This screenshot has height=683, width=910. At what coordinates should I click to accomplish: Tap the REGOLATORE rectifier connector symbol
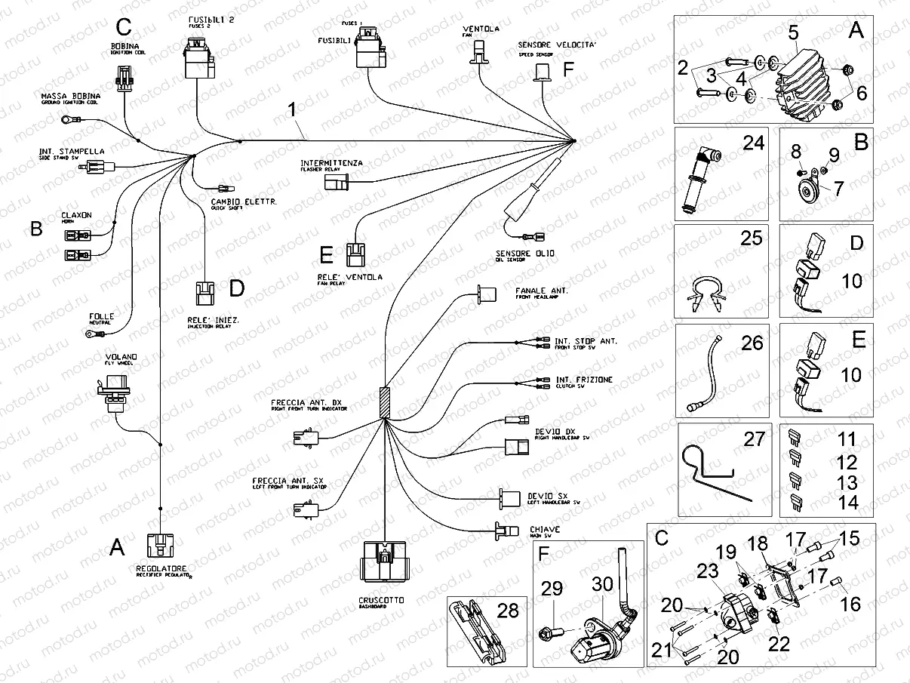point(160,546)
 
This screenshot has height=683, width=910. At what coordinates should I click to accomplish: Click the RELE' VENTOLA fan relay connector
point(355,255)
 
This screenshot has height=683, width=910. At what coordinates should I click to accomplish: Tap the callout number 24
point(752,142)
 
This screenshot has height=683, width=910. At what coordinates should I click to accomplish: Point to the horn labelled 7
point(810,189)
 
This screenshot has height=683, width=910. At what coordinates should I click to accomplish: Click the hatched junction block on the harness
point(386,403)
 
